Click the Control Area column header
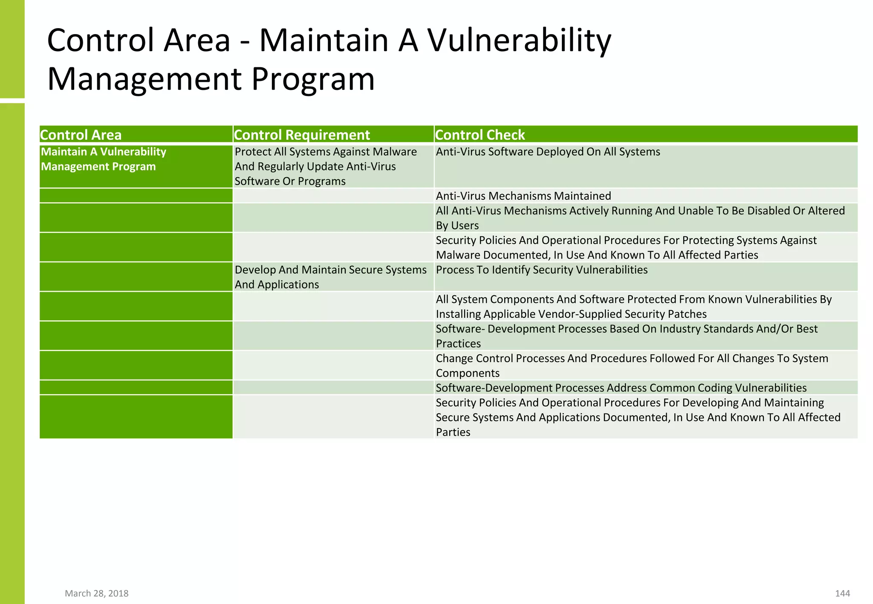pos(81,135)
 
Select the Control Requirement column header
pos(302,135)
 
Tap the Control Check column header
pos(480,135)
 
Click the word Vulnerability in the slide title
pos(519,40)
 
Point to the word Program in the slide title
pos(313,79)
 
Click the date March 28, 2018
pos(96,593)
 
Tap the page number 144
pos(842,593)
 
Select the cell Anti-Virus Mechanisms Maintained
pos(523,196)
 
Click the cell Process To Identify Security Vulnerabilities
pos(541,270)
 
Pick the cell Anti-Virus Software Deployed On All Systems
pos(548,152)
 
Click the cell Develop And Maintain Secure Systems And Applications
pos(330,277)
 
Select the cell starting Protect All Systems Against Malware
pos(326,167)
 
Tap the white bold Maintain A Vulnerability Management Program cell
pos(103,159)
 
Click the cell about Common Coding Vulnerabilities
pos(621,388)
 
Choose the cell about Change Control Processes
pos(632,365)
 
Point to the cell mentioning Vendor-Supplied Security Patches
pos(633,307)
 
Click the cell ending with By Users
pos(640,218)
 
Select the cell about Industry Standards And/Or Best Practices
pos(627,336)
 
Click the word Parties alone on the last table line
pos(453,432)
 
